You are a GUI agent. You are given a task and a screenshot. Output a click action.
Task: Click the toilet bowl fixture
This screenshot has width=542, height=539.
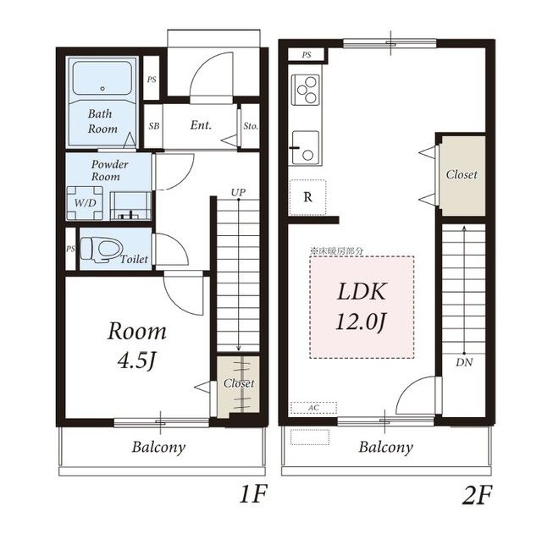coord(102,249)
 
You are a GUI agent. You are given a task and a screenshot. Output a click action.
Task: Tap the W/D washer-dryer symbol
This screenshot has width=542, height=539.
coord(85,203)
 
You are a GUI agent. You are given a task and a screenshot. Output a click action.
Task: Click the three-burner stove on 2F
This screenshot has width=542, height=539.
coord(306,90)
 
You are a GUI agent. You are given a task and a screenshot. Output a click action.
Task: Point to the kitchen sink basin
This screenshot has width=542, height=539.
coord(306,147)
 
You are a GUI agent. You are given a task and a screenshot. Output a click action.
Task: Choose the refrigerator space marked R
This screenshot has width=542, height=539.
coord(307,197)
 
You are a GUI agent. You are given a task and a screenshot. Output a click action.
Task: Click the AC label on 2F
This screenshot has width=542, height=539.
coord(313,408)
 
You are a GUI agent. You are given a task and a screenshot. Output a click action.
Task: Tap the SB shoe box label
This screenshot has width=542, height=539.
coord(154,126)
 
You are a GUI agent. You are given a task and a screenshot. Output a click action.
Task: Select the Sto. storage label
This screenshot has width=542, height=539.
coord(251,126)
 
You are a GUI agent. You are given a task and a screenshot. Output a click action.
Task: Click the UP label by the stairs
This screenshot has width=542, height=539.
coord(238,192)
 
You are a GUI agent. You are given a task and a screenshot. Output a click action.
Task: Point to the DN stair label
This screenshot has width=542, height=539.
coord(464,362)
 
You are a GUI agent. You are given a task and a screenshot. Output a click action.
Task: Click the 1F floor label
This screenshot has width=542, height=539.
coord(253,495)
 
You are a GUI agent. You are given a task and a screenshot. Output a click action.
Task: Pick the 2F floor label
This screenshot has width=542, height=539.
coord(476,495)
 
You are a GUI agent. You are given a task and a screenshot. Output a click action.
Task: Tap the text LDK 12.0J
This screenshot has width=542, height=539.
coord(362,306)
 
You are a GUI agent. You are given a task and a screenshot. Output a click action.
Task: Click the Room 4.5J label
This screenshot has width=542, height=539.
coord(137,345)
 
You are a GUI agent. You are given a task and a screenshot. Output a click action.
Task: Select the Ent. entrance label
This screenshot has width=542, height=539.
coord(201,125)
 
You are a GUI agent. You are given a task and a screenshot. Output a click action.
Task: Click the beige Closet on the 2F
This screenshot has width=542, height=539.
coord(464,176)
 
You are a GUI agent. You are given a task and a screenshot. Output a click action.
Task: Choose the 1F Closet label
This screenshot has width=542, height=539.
coord(239,383)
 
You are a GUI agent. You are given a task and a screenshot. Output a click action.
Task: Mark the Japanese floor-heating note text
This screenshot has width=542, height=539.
coord(337,251)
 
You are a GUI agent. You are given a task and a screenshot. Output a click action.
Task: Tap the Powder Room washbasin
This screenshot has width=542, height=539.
coord(130,206)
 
